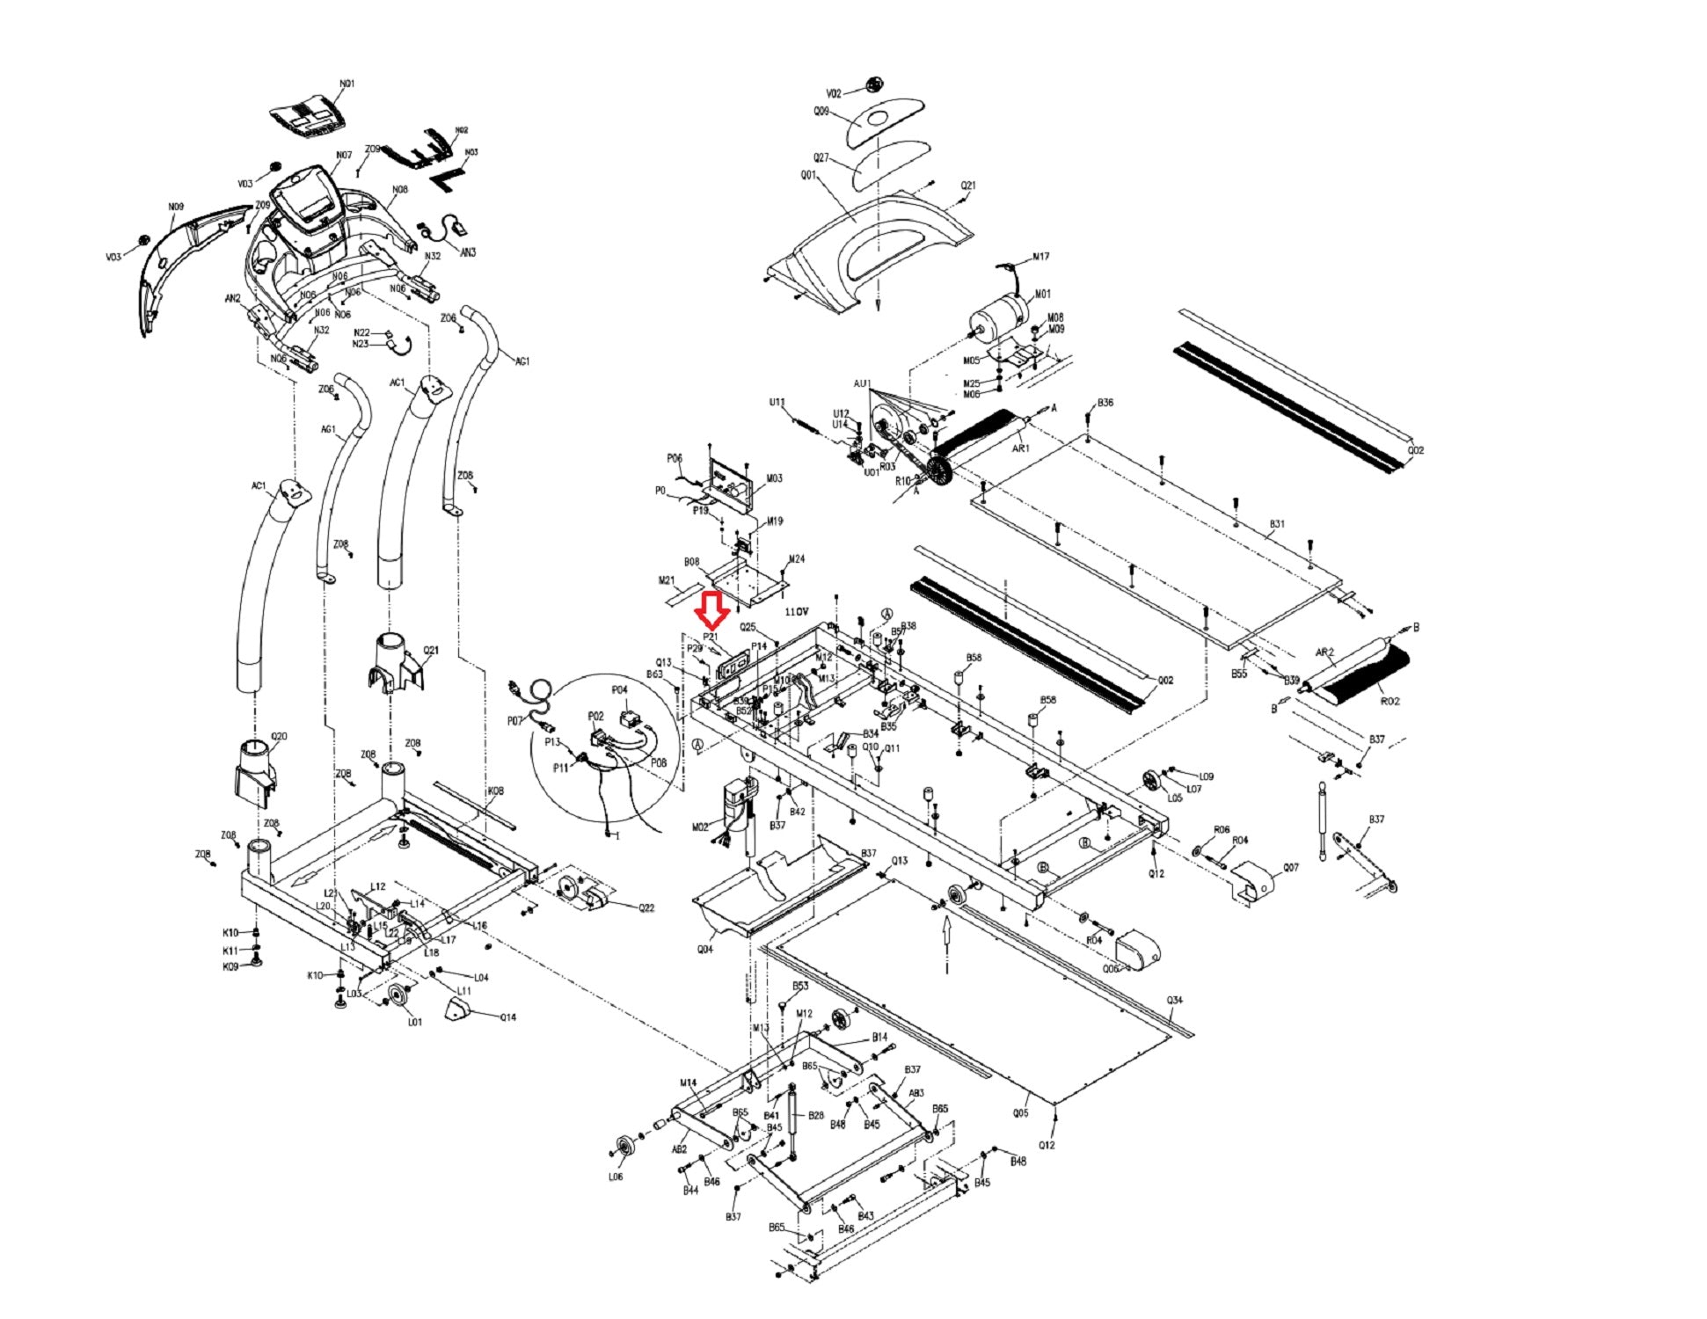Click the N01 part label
pyautogui.click(x=347, y=84)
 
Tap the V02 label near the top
pyautogui.click(x=834, y=93)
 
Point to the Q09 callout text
pyautogui.click(x=821, y=112)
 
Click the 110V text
pyautogui.click(x=796, y=610)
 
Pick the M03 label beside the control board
pyautogui.click(x=774, y=479)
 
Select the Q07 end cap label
pyautogui.click(x=1290, y=868)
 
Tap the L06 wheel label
pyautogui.click(x=615, y=1177)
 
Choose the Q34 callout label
pyautogui.click(x=1174, y=1001)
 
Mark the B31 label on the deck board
pyautogui.click(x=1277, y=524)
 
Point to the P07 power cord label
pyautogui.click(x=514, y=721)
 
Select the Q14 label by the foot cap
pyautogui.click(x=507, y=1017)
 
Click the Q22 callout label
pyautogui.click(x=646, y=908)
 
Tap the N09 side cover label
pyautogui.click(x=176, y=208)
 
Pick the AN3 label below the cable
pyautogui.click(x=468, y=253)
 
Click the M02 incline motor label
pyautogui.click(x=700, y=827)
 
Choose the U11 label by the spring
pyautogui.click(x=777, y=403)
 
